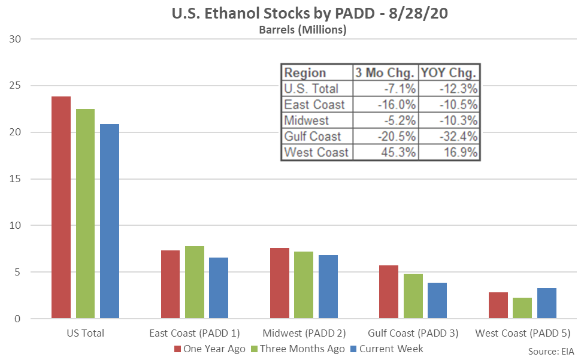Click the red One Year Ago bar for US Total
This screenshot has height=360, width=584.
pyautogui.click(x=61, y=207)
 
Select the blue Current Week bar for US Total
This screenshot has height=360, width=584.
pyautogui.click(x=110, y=221)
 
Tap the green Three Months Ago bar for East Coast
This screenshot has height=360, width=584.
pyautogui.click(x=195, y=282)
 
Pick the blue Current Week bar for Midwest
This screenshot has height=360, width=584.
pyautogui.click(x=328, y=287)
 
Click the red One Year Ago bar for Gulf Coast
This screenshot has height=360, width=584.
pyautogui.click(x=389, y=292)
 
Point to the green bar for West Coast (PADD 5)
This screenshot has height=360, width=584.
pyautogui.click(x=522, y=308)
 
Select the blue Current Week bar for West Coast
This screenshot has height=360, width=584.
pyautogui.click(x=547, y=303)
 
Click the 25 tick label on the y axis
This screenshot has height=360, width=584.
pyautogui.click(x=15, y=86)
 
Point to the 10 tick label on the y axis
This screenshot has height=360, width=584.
pyautogui.click(x=15, y=226)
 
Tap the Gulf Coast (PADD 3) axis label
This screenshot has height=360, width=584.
pyautogui.click(x=413, y=333)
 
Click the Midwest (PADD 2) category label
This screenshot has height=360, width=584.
pyautogui.click(x=304, y=333)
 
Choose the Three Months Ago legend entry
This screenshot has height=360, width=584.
pyautogui.click(x=298, y=349)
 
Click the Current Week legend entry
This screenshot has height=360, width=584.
pyautogui.click(x=387, y=349)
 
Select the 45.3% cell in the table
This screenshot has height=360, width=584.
pyautogui.click(x=398, y=152)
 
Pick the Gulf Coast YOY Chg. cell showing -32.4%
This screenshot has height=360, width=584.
pyautogui.click(x=458, y=136)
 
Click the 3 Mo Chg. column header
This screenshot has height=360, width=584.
pyautogui.click(x=385, y=72)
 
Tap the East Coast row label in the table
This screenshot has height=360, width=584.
pyautogui.click(x=314, y=105)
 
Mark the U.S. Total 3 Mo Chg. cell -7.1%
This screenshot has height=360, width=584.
pyautogui.click(x=400, y=89)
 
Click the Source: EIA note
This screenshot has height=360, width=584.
pyautogui.click(x=551, y=352)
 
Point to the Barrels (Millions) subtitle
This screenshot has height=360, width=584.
pyautogui.click(x=303, y=29)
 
